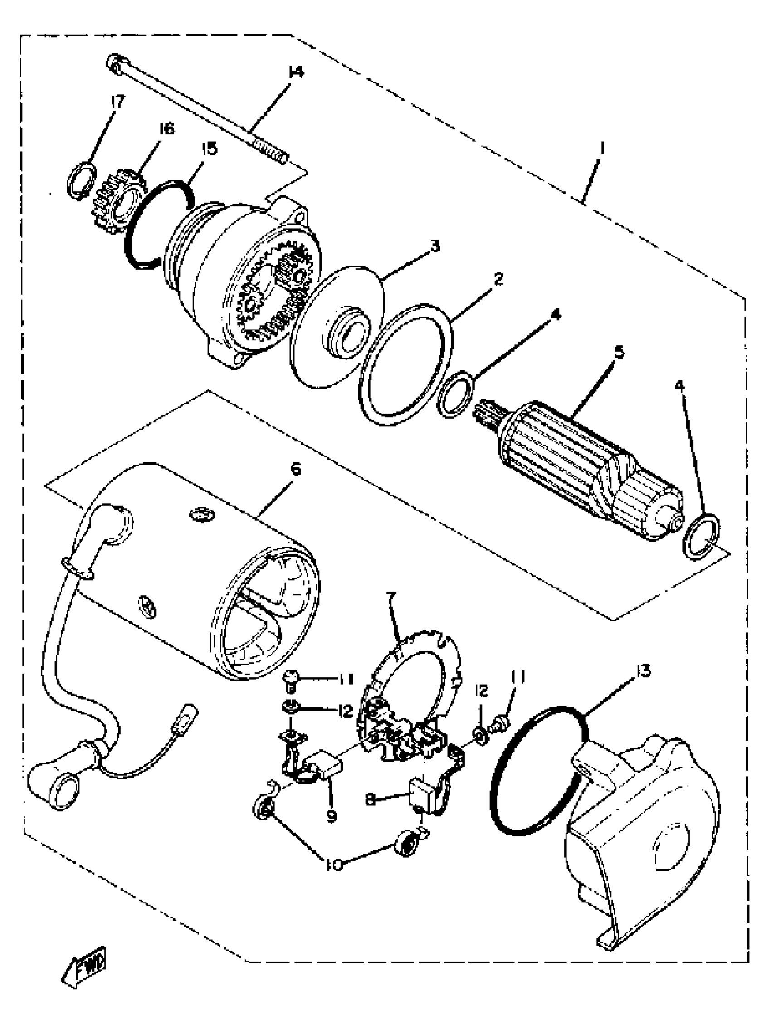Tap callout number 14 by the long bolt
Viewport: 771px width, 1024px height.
[x=295, y=73]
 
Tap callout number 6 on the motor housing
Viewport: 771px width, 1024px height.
[x=295, y=470]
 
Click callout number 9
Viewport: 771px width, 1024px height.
[x=331, y=816]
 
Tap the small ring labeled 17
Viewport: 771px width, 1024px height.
[x=83, y=182]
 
